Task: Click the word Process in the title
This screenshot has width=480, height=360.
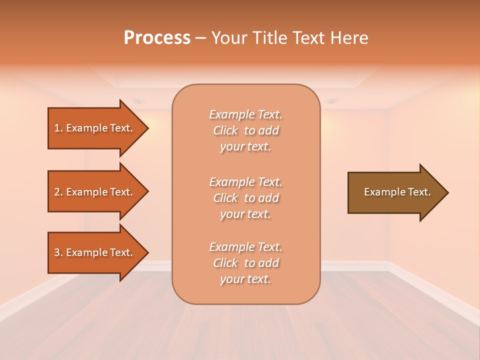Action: point(157,38)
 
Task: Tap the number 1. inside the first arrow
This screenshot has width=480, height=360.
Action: point(58,128)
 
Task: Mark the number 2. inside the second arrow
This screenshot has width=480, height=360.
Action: point(58,192)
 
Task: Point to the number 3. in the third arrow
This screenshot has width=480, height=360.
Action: point(58,252)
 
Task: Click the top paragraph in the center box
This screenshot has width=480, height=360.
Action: point(245,130)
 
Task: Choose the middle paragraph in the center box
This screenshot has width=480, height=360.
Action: point(245,198)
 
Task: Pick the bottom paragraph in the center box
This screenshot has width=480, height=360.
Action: point(245,263)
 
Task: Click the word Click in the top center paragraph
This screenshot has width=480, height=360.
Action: point(225,130)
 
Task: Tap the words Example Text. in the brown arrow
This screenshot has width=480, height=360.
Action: point(397,192)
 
